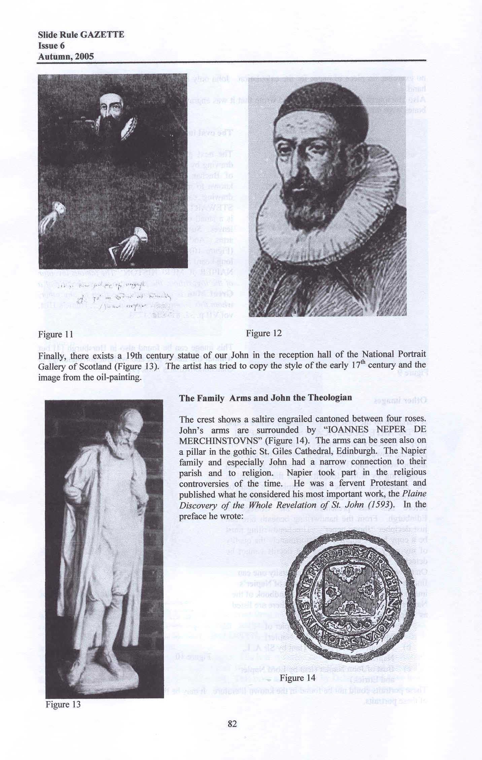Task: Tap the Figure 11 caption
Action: click(x=56, y=335)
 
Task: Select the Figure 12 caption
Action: click(x=264, y=333)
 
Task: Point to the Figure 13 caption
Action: click(x=63, y=704)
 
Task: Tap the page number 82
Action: click(x=232, y=723)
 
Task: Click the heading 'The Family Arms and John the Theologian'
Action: click(x=266, y=398)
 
